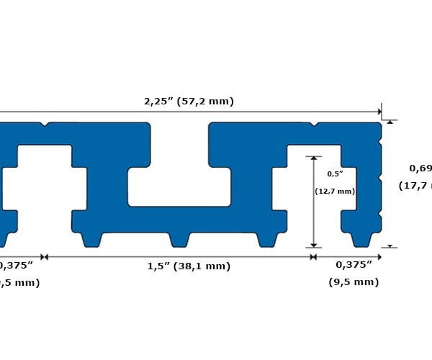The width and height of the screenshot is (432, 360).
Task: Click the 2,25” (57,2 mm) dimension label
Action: [189, 102]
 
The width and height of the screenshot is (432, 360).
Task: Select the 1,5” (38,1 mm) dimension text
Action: [189, 266]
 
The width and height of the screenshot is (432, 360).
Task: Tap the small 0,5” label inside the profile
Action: [335, 174]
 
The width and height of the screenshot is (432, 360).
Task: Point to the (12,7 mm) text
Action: [335, 192]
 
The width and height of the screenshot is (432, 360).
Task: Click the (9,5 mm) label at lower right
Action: [353, 282]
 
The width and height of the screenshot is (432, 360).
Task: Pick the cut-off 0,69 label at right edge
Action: [420, 168]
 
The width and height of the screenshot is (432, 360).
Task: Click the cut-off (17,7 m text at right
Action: [415, 186]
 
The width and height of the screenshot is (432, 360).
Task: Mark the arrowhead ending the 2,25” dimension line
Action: [379, 112]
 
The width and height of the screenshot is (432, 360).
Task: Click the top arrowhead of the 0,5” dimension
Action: [314, 158]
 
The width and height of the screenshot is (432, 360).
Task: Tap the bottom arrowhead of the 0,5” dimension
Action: [314, 245]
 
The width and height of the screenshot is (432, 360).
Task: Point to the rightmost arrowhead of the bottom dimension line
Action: [379, 256]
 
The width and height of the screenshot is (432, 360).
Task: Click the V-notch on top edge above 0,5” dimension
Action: [314, 124]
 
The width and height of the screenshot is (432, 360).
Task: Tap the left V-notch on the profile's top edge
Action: [45, 124]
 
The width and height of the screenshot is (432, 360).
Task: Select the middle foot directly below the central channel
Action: [179, 239]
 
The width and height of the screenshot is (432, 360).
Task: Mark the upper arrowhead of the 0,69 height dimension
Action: [390, 122]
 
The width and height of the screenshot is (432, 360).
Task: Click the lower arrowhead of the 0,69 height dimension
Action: [390, 246]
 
